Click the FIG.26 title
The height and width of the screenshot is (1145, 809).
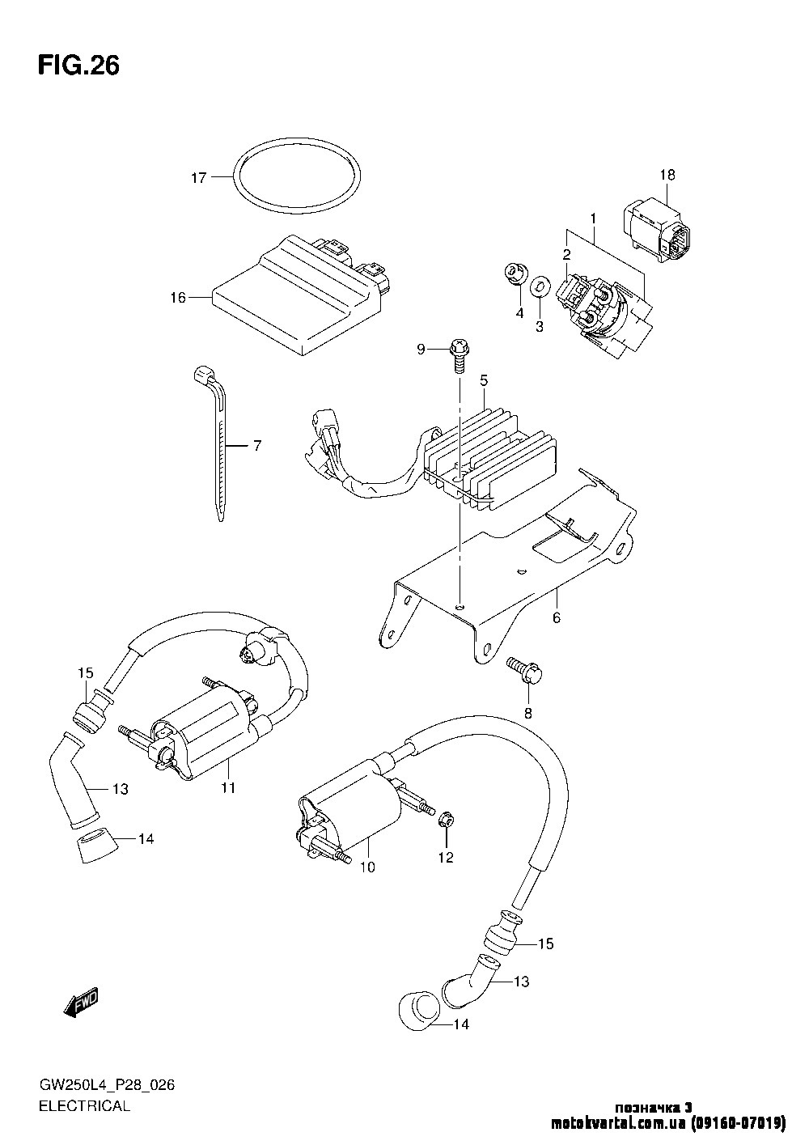(x=78, y=66)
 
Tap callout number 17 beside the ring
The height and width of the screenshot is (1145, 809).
(x=199, y=178)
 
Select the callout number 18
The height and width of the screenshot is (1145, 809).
(x=667, y=175)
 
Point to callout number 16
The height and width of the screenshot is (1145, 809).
(x=177, y=298)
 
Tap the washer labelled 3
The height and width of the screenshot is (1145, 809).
(x=538, y=288)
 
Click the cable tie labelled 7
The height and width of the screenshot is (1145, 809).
(x=215, y=445)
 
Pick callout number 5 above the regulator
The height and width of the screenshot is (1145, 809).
(x=483, y=380)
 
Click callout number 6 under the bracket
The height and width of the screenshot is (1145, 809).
(x=556, y=618)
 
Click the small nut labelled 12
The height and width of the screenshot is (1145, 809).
(x=445, y=822)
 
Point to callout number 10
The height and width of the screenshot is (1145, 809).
(x=367, y=867)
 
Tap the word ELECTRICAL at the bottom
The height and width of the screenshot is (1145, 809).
(x=83, y=1106)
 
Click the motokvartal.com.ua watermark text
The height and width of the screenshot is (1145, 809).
(x=667, y=1123)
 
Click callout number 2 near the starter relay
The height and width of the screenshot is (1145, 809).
(x=567, y=255)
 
